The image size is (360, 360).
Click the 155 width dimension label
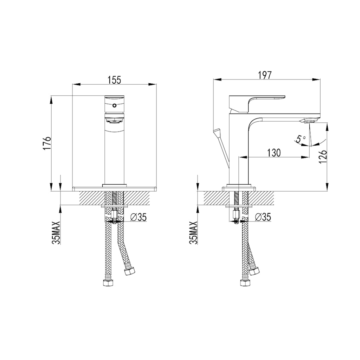pyautogui.click(x=114, y=80)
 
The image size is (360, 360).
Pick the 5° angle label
pyautogui.click(x=300, y=139)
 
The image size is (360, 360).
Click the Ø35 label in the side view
pyautogui.click(x=262, y=218)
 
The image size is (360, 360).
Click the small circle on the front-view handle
pyautogui.click(x=114, y=105)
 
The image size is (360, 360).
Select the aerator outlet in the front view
pyautogui.click(x=114, y=121)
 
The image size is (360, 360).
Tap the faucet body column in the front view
pyautogui.click(x=114, y=155)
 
